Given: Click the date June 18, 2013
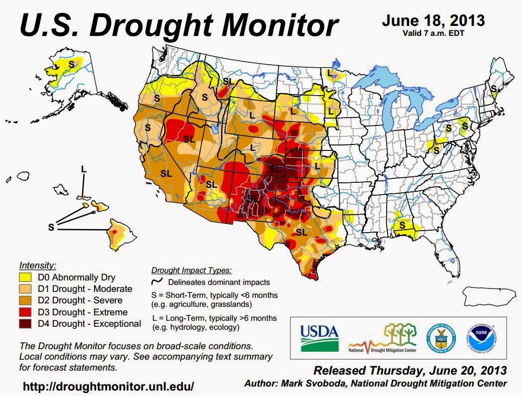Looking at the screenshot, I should coord(433,21).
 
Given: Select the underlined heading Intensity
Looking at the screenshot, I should coord(37,265).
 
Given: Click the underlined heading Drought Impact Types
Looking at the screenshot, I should coord(191,270).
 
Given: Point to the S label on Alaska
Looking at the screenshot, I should coord(71,64).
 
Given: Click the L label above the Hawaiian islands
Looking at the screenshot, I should coord(84,169).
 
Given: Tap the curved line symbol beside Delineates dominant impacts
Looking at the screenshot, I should coord(155,282).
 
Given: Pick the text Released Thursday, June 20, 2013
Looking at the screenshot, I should coord(410,371).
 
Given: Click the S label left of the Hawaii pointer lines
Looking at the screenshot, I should coord(50,227).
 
